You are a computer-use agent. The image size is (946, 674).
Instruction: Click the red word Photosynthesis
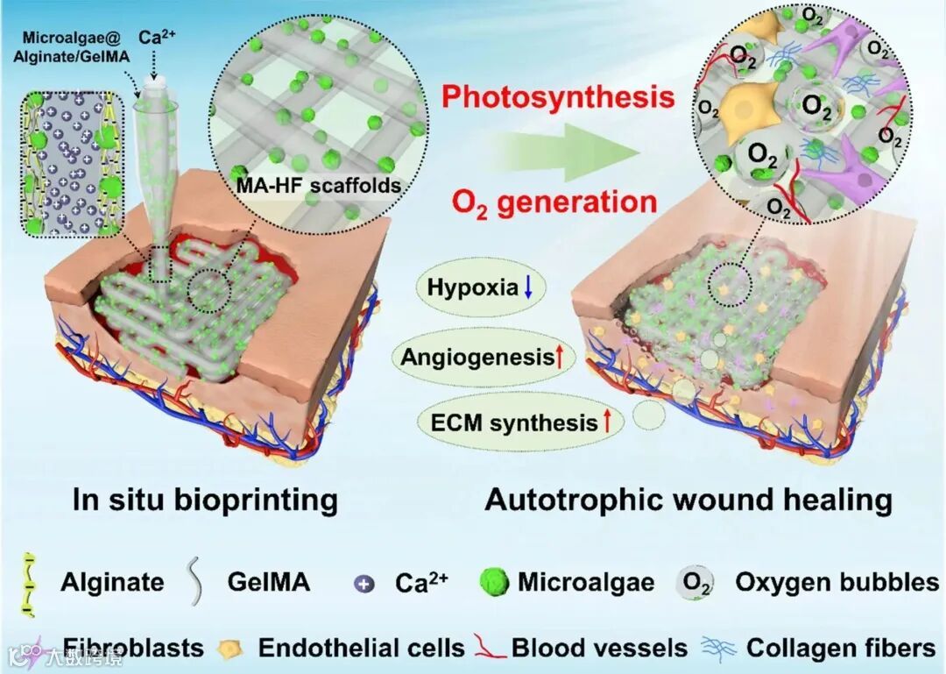click(557, 96)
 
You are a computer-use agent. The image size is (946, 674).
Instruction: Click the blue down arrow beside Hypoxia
click(527, 287)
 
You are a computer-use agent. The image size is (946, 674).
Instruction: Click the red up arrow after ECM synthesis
click(606, 422)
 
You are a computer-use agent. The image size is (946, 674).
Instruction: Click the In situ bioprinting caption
click(205, 500)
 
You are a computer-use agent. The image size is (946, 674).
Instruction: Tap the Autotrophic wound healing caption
click(688, 500)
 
